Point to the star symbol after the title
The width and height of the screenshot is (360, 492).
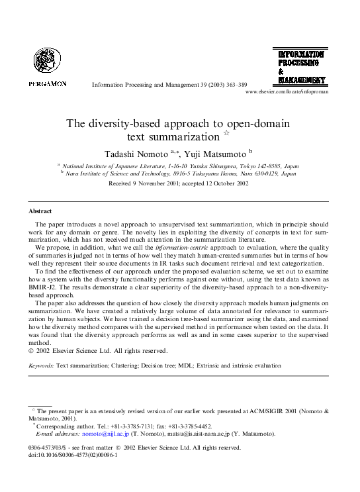[x=226, y=134]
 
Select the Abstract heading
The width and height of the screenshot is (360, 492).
[x=40, y=211]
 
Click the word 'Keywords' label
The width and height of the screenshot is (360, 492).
[x=42, y=365]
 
